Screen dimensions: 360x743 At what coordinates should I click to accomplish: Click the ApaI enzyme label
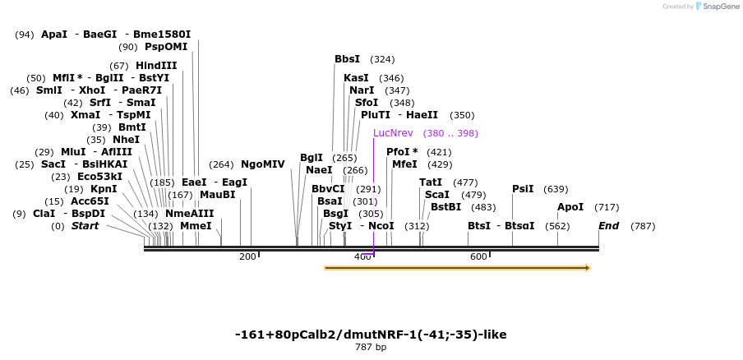pyautogui.click(x=54, y=35)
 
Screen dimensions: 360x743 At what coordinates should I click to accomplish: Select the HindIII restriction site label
pyautogui.click(x=156, y=66)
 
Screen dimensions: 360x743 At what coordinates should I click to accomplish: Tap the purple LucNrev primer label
pyautogui.click(x=393, y=132)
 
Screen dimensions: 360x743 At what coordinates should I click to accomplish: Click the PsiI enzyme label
pyautogui.click(x=523, y=188)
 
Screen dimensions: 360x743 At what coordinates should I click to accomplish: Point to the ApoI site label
pyautogui.click(x=570, y=207)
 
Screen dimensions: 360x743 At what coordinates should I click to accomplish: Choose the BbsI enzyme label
pyautogui.click(x=347, y=59)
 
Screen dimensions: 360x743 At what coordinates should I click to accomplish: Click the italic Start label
pyautogui.click(x=85, y=226)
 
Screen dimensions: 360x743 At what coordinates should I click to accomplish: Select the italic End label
pyautogui.click(x=608, y=226)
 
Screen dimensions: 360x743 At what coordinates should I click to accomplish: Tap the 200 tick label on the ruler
pyautogui.click(x=247, y=257)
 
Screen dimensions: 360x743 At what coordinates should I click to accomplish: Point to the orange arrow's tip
pyautogui.click(x=588, y=267)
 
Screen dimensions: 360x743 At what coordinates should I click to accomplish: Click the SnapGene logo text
pyautogui.click(x=717, y=7)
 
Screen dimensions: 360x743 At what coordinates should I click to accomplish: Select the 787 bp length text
pyautogui.click(x=370, y=347)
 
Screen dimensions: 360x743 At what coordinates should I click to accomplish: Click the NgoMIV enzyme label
pyautogui.click(x=262, y=164)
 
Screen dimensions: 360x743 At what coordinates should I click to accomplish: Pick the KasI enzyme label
pyautogui.click(x=356, y=78)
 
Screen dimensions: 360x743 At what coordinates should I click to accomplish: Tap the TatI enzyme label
pyautogui.click(x=431, y=182)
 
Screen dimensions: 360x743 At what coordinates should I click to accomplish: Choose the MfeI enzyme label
pyautogui.click(x=404, y=164)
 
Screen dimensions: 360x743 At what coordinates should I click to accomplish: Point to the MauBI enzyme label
pyautogui.click(x=217, y=195)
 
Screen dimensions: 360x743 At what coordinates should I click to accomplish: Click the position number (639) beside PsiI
pyautogui.click(x=556, y=189)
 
